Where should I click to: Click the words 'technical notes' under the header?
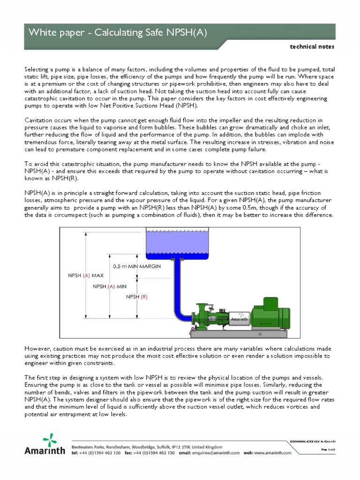313,47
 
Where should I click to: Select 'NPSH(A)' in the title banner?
187,32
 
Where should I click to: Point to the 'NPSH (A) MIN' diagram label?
111,286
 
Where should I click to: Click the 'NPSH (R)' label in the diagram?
137,297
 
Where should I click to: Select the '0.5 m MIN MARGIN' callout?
137,265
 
